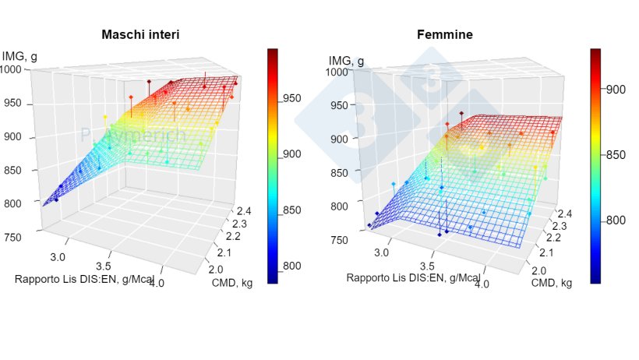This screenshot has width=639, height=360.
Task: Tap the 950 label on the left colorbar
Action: pyautogui.click(x=292, y=98)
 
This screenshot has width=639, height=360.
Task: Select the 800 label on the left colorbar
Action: pyautogui.click(x=292, y=266)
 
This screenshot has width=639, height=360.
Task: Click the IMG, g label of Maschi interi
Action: pyautogui.click(x=20, y=55)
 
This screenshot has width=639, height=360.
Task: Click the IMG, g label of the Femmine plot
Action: pyautogui.click(x=347, y=60)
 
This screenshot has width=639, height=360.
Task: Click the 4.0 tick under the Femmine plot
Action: pyautogui.click(x=482, y=284)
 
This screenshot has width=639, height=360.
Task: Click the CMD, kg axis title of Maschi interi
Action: pyautogui.click(x=233, y=283)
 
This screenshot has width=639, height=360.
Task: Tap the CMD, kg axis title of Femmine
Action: pyautogui.click(x=552, y=283)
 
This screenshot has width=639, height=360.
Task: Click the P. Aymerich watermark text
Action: pyautogui.click(x=134, y=136)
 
